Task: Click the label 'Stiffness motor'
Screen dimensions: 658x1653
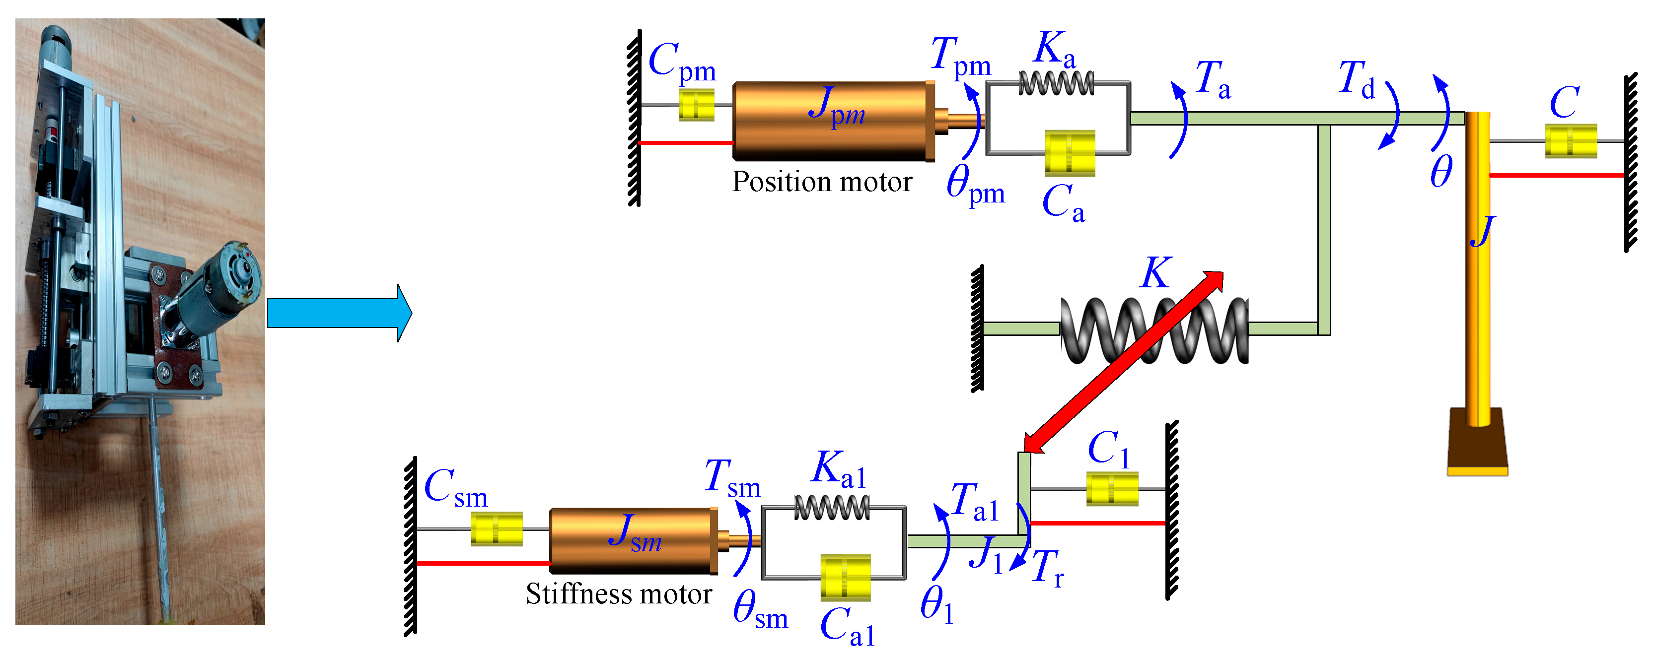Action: (619, 594)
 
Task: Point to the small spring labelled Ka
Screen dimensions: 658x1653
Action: (1056, 83)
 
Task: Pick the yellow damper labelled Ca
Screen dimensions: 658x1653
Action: (1070, 153)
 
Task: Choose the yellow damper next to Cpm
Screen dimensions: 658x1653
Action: (697, 105)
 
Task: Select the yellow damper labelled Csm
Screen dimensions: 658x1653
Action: (497, 528)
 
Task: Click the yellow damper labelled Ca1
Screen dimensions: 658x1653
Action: (845, 577)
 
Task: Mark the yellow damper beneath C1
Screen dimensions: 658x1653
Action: (1112, 489)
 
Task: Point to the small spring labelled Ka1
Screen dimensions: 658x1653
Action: (832, 509)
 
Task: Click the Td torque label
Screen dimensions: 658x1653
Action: (1356, 81)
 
